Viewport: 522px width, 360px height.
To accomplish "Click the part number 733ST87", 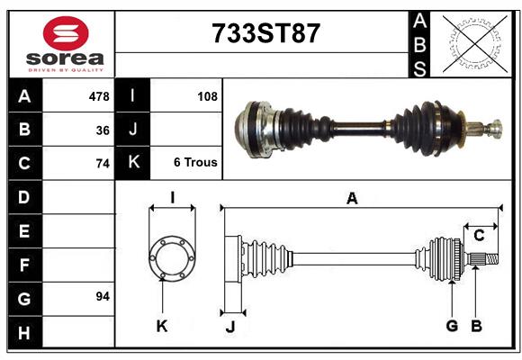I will click(x=265, y=33).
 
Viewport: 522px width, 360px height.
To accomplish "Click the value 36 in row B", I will click(x=103, y=130).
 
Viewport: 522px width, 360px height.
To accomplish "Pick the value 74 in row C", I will click(x=103, y=164).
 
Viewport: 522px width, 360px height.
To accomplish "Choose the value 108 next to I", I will click(x=207, y=95).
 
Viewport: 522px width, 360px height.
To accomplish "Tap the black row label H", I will click(x=23, y=333).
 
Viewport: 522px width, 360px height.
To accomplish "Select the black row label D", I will click(x=23, y=196).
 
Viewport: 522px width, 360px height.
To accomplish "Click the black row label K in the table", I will click(x=133, y=163).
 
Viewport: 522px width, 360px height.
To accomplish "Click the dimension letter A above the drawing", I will click(x=352, y=199).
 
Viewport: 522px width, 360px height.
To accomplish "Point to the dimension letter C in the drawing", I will click(x=479, y=236).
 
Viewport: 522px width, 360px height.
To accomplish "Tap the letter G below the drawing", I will click(x=452, y=326).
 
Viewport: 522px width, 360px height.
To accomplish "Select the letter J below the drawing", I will click(x=230, y=326).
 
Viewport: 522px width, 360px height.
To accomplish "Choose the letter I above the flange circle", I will click(x=171, y=198).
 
